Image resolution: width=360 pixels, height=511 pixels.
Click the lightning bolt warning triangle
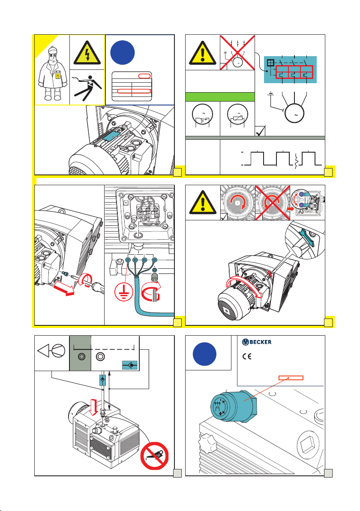tap(87, 53)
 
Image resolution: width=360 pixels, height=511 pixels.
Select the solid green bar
tap(219, 96)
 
